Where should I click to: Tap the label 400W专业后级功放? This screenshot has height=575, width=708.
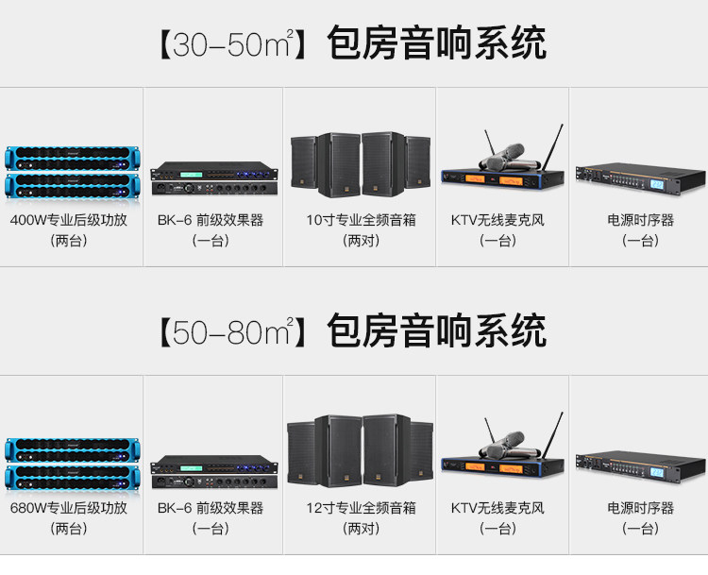pyautogui.click(x=68, y=221)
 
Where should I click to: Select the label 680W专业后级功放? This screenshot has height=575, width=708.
pyautogui.click(x=68, y=508)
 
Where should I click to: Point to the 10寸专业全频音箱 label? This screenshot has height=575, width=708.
pyautogui.click(x=361, y=221)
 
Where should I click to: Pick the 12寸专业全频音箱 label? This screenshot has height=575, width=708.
pyautogui.click(x=361, y=508)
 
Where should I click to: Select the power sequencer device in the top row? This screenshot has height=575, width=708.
pyautogui.click(x=640, y=177)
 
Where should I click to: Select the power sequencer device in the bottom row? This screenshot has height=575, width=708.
pyautogui.click(x=640, y=464)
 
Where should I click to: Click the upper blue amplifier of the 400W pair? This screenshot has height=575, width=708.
pyautogui.click(x=71, y=157)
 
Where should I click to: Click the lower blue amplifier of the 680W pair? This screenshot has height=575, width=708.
pyautogui.click(x=71, y=474)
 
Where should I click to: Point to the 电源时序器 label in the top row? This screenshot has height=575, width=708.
pyautogui.click(x=640, y=221)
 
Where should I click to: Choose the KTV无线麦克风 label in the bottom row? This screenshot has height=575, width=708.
pyautogui.click(x=497, y=508)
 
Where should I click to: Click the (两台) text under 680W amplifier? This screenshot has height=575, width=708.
pyautogui.click(x=68, y=529)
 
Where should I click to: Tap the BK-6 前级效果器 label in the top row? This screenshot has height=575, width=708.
pyautogui.click(x=211, y=221)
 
